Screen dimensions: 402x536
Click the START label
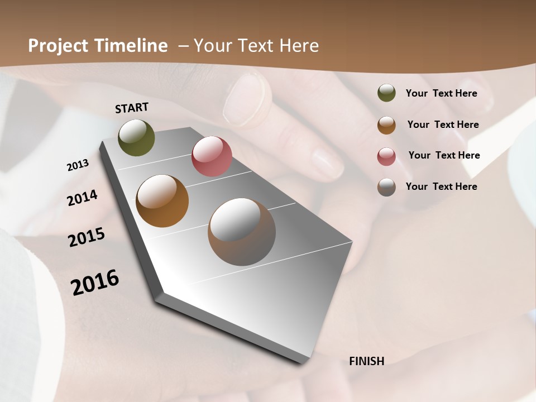[132, 108]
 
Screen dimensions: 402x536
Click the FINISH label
[366, 361]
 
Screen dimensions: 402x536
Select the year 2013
[78, 165]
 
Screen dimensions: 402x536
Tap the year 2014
[82, 198]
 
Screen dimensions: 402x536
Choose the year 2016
[95, 283]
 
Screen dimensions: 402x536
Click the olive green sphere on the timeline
[136, 137]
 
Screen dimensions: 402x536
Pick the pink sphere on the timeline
[212, 156]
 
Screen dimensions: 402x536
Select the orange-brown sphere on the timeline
[162, 201]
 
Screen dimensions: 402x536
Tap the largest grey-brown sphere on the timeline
[242, 232]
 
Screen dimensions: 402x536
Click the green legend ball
[386, 93]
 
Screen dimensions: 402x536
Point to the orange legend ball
[386, 125]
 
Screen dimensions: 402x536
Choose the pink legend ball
[386, 156]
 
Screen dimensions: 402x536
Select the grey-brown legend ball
[386, 186]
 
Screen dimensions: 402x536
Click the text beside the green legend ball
[441, 93]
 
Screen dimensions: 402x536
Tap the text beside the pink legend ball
[444, 155]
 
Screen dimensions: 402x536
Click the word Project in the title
[58, 46]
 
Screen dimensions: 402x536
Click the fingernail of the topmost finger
[244, 98]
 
